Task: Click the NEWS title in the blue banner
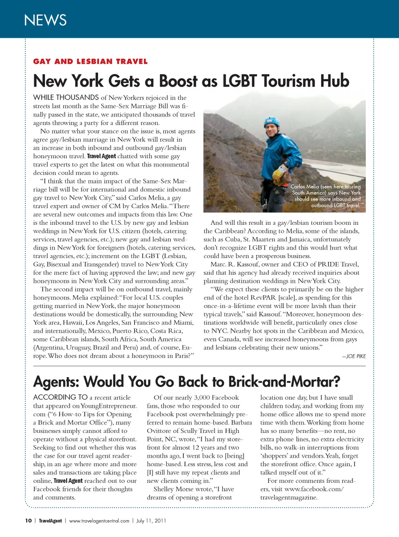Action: click(x=45, y=20)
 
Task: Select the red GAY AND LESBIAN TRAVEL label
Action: click(x=90, y=62)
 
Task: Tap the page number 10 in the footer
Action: click(x=28, y=521)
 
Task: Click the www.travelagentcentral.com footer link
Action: click(x=99, y=521)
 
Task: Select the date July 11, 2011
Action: click(x=151, y=521)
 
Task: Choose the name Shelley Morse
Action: click(x=173, y=489)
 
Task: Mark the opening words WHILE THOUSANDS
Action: click(x=66, y=97)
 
